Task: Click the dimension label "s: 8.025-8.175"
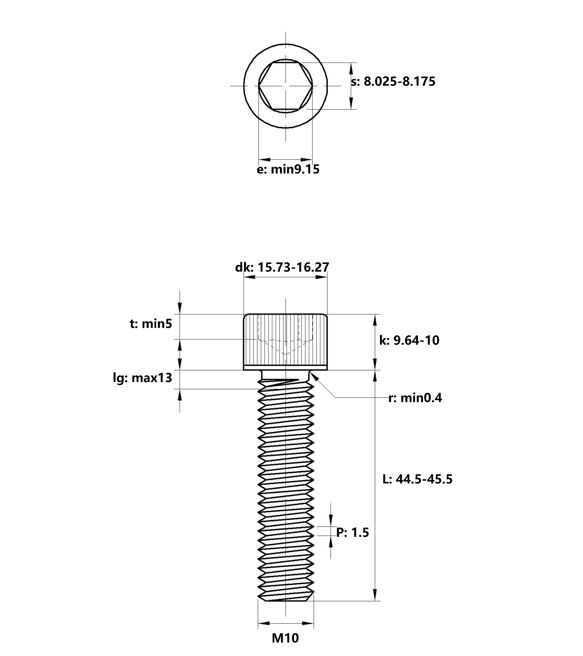[393, 82]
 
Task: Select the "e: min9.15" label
[288, 169]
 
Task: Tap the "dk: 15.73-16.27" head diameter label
[282, 267]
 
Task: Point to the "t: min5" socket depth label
[151, 324]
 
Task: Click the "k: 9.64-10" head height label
[409, 340]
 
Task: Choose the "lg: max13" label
[142, 378]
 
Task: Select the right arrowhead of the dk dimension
[322, 277]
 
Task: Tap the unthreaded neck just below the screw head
[285, 374]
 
